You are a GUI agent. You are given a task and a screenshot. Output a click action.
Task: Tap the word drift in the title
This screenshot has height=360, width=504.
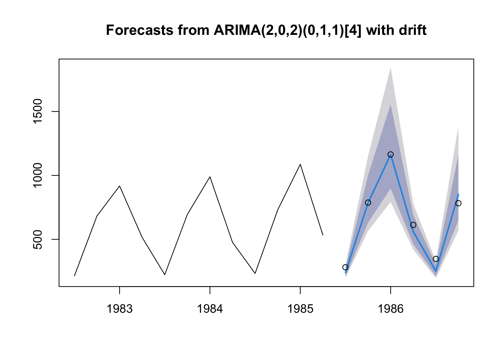412,30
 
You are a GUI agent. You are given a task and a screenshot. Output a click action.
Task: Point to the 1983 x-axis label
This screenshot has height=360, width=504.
119,309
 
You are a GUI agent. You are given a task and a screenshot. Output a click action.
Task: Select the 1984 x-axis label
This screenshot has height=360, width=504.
210,309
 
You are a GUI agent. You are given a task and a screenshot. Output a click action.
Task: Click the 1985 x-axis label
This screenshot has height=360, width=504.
300,309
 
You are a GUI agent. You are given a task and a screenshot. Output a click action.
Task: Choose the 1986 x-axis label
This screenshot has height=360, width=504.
390,309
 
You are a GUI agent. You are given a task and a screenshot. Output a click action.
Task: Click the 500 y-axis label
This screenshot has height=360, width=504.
39,239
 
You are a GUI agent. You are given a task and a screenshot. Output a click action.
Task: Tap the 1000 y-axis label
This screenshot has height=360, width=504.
39,175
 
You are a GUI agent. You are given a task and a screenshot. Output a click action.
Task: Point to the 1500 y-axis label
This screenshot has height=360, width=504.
39,111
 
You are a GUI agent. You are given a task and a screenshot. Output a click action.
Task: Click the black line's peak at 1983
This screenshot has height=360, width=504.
119,186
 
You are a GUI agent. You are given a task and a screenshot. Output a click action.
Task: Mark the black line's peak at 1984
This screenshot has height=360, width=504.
210,177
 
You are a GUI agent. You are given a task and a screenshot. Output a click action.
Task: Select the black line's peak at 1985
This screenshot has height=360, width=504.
300,164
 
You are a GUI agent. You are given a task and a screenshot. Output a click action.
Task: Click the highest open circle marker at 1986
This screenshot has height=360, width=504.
390,154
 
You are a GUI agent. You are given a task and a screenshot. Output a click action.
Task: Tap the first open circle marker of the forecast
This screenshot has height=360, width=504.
345,267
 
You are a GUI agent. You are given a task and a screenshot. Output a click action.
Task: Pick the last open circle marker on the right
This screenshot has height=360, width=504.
458,203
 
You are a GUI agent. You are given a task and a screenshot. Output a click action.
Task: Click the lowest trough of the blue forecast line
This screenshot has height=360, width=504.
436,271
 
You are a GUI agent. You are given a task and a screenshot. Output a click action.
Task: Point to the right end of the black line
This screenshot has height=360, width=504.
323,235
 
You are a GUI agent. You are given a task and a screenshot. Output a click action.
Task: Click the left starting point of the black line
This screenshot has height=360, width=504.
74,276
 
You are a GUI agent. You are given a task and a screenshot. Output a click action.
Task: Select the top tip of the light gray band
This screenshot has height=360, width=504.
390,68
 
